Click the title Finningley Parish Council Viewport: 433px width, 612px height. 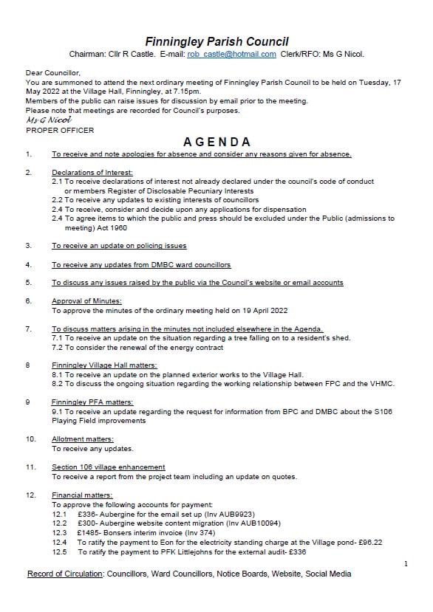216,41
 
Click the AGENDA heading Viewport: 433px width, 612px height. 216,142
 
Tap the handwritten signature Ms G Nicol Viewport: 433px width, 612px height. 43,120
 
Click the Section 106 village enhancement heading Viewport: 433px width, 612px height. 108,467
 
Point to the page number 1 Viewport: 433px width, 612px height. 406,564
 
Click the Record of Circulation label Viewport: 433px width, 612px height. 65,574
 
